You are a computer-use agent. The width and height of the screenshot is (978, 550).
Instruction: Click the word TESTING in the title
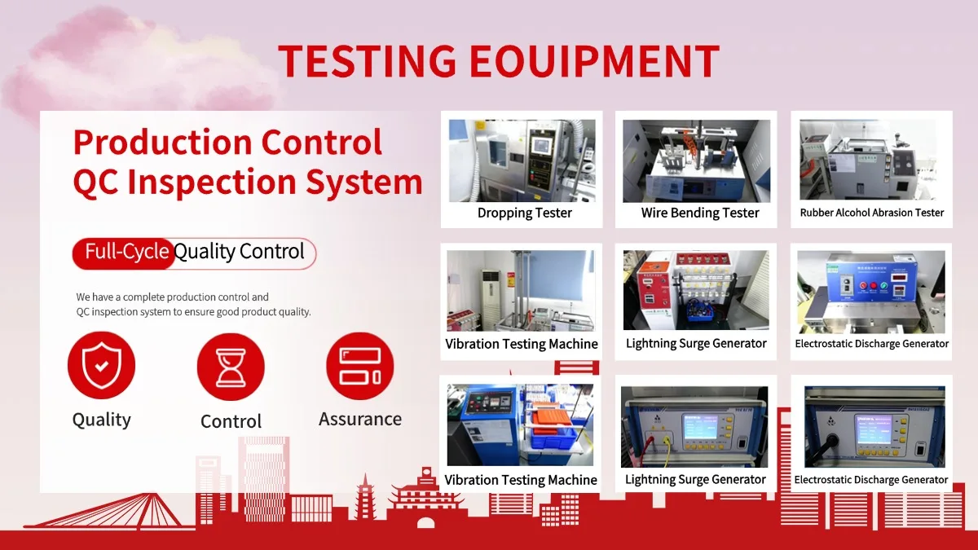coord(368,60)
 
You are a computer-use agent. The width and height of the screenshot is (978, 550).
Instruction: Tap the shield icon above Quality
coord(101,365)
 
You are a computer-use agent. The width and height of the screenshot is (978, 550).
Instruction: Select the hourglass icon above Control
coord(231,367)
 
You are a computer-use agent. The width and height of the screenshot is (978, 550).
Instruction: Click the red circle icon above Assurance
coord(359,366)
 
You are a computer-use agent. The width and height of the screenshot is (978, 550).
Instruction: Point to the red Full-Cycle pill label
coord(124,253)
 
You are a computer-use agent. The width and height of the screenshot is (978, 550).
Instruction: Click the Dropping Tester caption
coord(524,213)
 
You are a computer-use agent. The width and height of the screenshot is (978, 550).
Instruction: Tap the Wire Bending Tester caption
coord(700,213)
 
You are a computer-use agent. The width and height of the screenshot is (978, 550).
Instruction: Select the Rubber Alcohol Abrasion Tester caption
coord(871,213)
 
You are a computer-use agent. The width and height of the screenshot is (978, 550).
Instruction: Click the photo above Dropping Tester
coord(522,161)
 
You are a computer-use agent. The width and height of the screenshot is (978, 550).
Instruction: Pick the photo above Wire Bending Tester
coord(696,161)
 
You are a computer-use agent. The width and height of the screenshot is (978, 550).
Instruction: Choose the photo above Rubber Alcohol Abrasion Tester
coord(868,160)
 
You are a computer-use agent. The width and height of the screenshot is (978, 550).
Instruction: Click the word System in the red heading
coord(364,182)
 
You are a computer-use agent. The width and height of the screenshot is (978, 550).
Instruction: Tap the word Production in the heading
coord(163,143)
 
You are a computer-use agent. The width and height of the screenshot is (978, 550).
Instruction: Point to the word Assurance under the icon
coord(360,419)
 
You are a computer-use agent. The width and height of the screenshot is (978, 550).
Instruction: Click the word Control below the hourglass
coord(231,421)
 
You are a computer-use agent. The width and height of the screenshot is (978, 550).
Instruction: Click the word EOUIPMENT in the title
coord(595,60)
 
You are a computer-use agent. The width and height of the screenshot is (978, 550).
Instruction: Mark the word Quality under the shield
coord(101,420)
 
